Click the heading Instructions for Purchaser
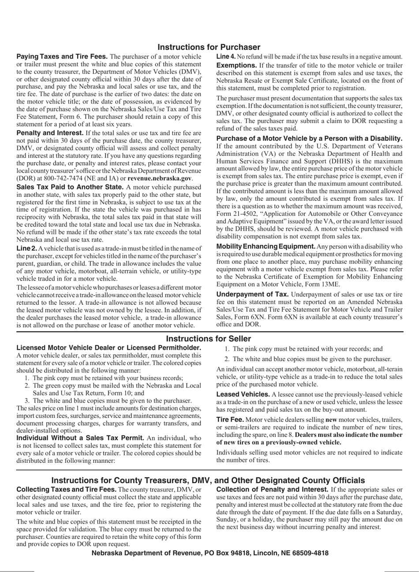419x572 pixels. tap(209, 47)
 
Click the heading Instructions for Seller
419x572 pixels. tap(209, 339)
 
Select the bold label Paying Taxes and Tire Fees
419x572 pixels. tap(62, 57)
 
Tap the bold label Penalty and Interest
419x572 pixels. tap(50, 133)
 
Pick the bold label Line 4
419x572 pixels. tap(226, 57)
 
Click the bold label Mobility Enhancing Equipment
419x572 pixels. tap(266, 246)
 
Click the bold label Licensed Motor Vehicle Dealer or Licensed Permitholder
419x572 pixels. tap(108, 348)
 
